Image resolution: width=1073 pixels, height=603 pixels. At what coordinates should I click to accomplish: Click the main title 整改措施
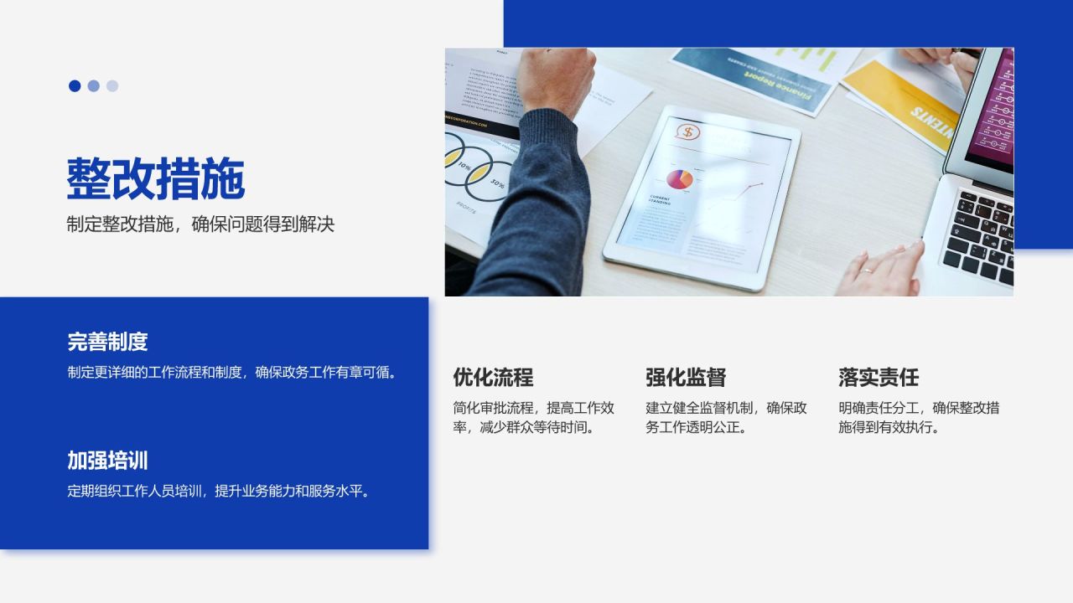pyautogui.click(x=156, y=178)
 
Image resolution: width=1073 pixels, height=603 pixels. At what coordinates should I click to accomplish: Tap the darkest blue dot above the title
pyautogui.click(x=75, y=85)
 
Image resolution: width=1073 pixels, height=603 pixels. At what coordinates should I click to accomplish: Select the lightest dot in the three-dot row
pyautogui.click(x=112, y=85)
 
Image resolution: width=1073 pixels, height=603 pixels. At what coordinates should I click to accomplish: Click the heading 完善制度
pyautogui.click(x=107, y=342)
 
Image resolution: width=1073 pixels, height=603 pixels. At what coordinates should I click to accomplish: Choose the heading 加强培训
pyautogui.click(x=107, y=461)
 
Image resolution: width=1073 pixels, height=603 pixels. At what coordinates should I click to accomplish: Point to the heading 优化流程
pyautogui.click(x=493, y=377)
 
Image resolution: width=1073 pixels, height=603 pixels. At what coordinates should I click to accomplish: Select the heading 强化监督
pyautogui.click(x=686, y=377)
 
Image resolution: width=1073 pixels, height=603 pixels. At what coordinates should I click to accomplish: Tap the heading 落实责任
pyautogui.click(x=879, y=377)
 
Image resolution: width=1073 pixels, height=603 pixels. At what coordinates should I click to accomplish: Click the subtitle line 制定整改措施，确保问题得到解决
pyautogui.click(x=200, y=224)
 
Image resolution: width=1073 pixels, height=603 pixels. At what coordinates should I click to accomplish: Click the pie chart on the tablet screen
pyautogui.click(x=679, y=178)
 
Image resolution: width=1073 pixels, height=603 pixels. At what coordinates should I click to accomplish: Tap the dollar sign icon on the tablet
pyautogui.click(x=687, y=132)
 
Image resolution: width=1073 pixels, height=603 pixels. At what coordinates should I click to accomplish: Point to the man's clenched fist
pyautogui.click(x=555, y=81)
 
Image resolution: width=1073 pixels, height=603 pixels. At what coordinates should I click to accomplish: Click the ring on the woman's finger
pyautogui.click(x=867, y=271)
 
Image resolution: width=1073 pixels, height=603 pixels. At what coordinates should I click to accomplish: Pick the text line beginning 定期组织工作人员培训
pyautogui.click(x=219, y=491)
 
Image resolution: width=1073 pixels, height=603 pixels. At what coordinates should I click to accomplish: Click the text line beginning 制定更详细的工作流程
pyautogui.click(x=231, y=372)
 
